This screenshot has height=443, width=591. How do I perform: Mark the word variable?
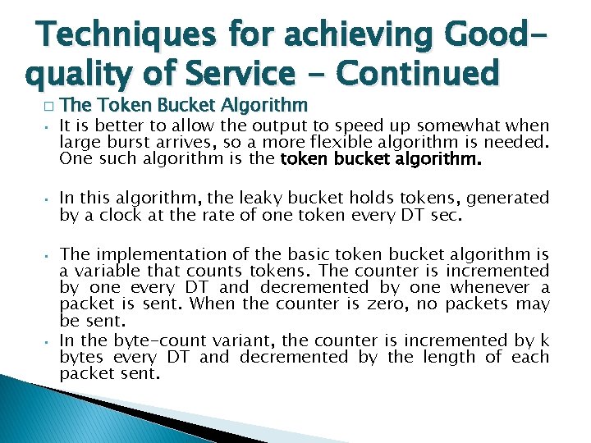103,271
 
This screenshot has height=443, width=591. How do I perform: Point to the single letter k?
543,340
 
